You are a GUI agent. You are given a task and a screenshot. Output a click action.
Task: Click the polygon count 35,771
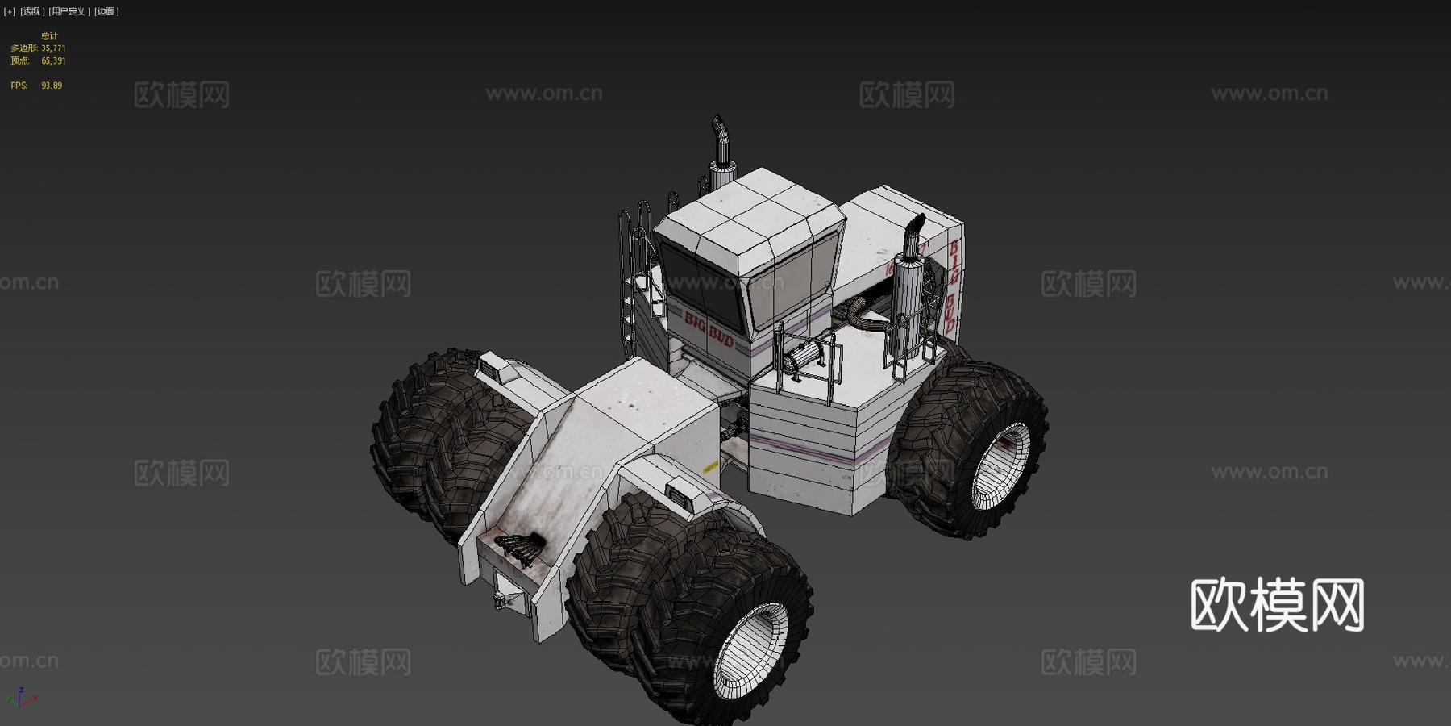pos(53,48)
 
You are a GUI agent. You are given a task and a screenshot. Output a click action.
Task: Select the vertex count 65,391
pos(53,60)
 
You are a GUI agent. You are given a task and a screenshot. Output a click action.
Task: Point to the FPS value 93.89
pos(52,86)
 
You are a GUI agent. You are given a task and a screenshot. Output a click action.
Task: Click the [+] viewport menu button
pos(9,11)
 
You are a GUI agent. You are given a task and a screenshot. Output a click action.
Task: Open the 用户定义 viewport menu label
pos(69,11)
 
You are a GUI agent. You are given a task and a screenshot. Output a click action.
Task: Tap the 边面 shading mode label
pos(106,11)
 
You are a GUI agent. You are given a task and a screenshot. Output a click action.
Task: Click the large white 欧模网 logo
pos(1277,605)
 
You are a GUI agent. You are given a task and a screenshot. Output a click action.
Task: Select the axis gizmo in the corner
pos(20,698)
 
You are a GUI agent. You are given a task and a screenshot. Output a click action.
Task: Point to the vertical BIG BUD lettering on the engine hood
pos(953,286)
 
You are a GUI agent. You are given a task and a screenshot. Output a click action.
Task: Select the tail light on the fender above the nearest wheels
pos(683,492)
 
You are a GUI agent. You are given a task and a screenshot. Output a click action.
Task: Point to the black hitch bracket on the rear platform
pos(516,549)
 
